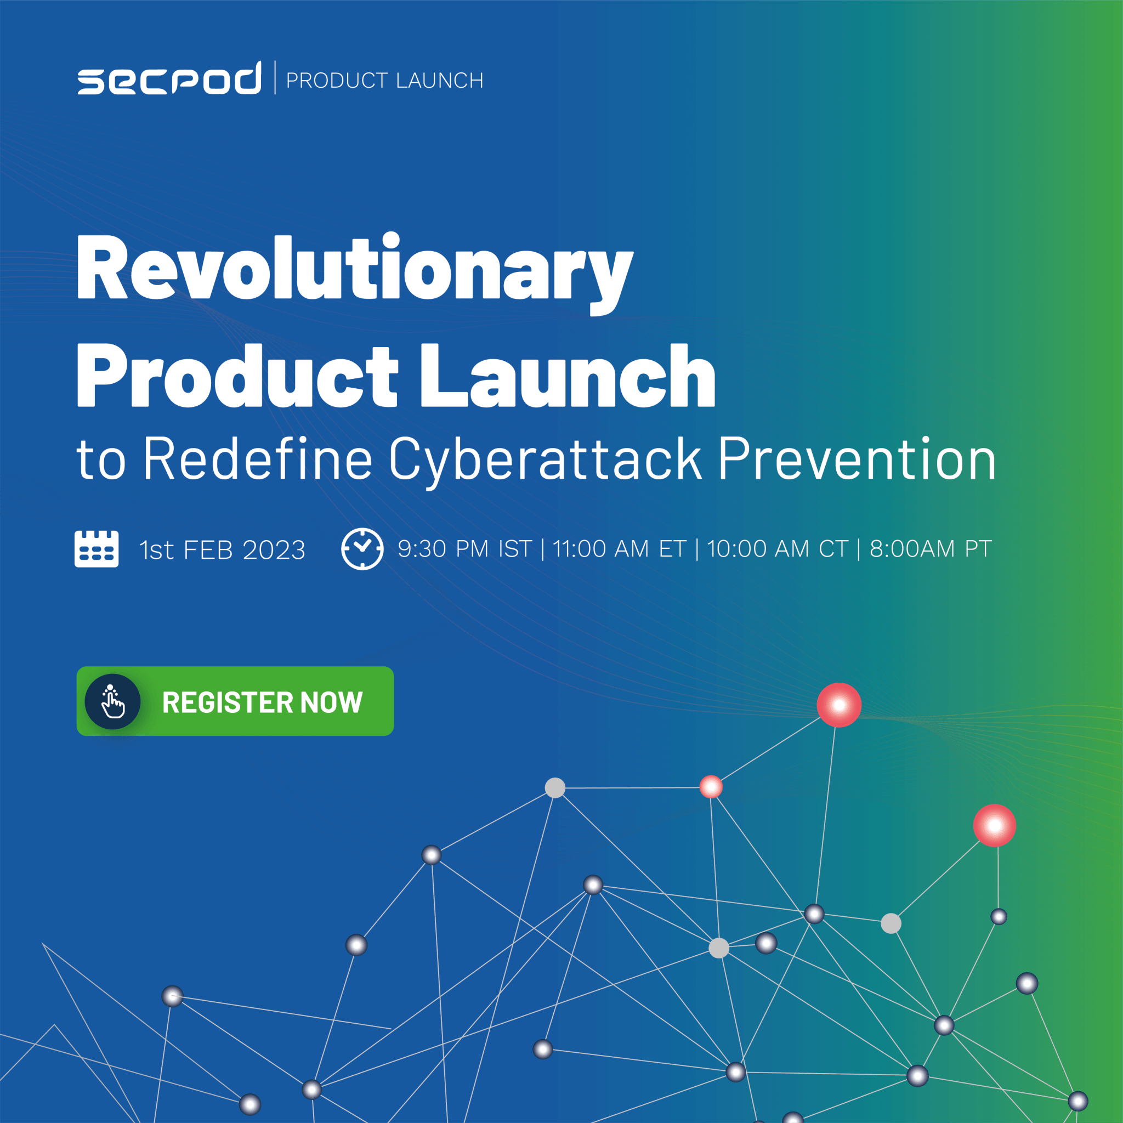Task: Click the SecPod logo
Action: (169, 79)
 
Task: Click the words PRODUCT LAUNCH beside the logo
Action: (384, 81)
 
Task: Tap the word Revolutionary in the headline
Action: (354, 269)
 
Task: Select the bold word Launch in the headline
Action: (568, 376)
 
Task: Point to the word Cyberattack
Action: (545, 460)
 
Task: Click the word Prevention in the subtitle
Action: (857, 460)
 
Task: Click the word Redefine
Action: (258, 460)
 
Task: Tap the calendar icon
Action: (97, 549)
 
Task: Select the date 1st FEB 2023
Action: (222, 550)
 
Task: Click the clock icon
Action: (362, 549)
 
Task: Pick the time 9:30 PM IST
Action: (464, 549)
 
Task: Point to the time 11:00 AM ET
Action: (619, 549)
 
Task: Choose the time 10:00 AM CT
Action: (778, 549)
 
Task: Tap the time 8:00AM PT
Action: (930, 549)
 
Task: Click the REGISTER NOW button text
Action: (262, 702)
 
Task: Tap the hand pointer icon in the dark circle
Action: (113, 701)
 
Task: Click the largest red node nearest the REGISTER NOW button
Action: (839, 705)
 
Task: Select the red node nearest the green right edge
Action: (995, 825)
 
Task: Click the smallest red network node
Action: (711, 787)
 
